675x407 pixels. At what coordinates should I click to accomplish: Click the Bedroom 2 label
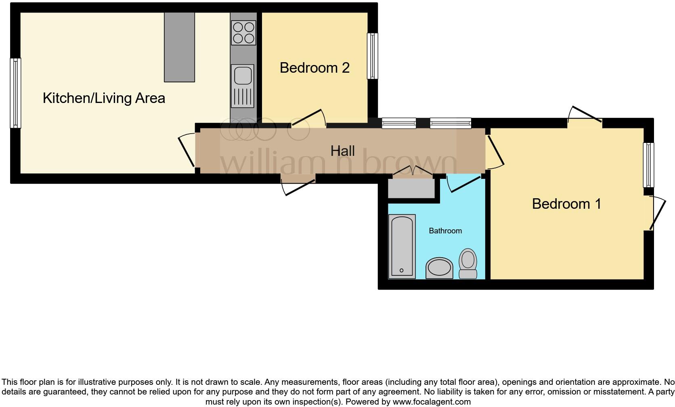tap(314, 68)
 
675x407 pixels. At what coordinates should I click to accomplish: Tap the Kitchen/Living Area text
tap(104, 98)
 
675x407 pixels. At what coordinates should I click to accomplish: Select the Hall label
tap(342, 151)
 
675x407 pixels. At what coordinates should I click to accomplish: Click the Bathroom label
tap(445, 231)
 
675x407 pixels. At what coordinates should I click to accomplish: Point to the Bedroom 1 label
tap(566, 204)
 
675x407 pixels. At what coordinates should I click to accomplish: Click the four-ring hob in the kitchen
tap(243, 33)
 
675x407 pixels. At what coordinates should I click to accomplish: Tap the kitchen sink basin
tap(242, 76)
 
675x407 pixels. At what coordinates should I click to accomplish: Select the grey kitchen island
tap(179, 47)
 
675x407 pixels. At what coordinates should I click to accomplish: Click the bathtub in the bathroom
tap(402, 246)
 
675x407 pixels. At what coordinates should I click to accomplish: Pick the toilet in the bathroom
tap(468, 263)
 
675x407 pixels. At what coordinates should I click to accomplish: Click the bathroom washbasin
tap(439, 268)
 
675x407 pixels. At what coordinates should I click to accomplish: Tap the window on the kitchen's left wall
tap(15, 93)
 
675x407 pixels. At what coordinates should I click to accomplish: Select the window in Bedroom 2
tap(372, 56)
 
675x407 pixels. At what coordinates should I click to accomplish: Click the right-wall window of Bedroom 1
tap(648, 164)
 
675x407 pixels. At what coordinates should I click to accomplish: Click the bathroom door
tap(464, 184)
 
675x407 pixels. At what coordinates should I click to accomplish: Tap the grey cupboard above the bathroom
tap(411, 189)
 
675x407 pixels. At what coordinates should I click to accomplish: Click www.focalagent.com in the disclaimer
tap(431, 402)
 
